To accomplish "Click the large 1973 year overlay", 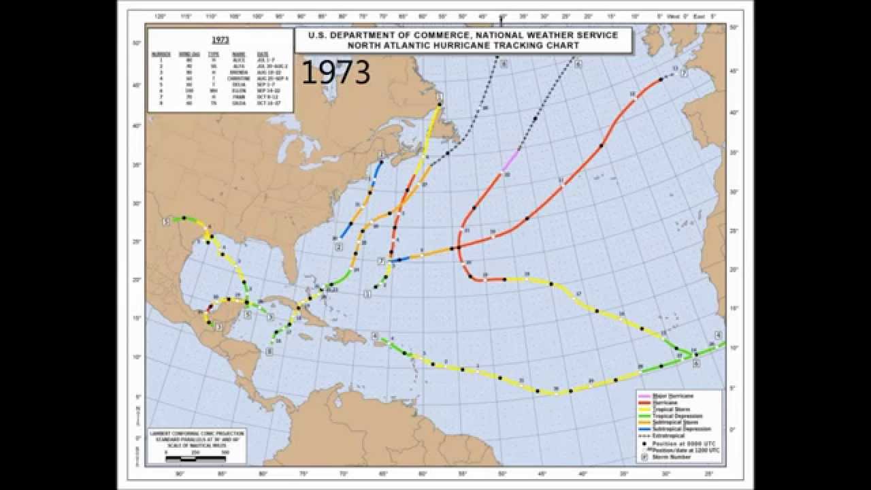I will pyautogui.click(x=335, y=72).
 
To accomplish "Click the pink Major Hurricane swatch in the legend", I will pyautogui.click(x=644, y=395).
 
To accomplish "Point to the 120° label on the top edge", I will pyautogui.click(x=160, y=16).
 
